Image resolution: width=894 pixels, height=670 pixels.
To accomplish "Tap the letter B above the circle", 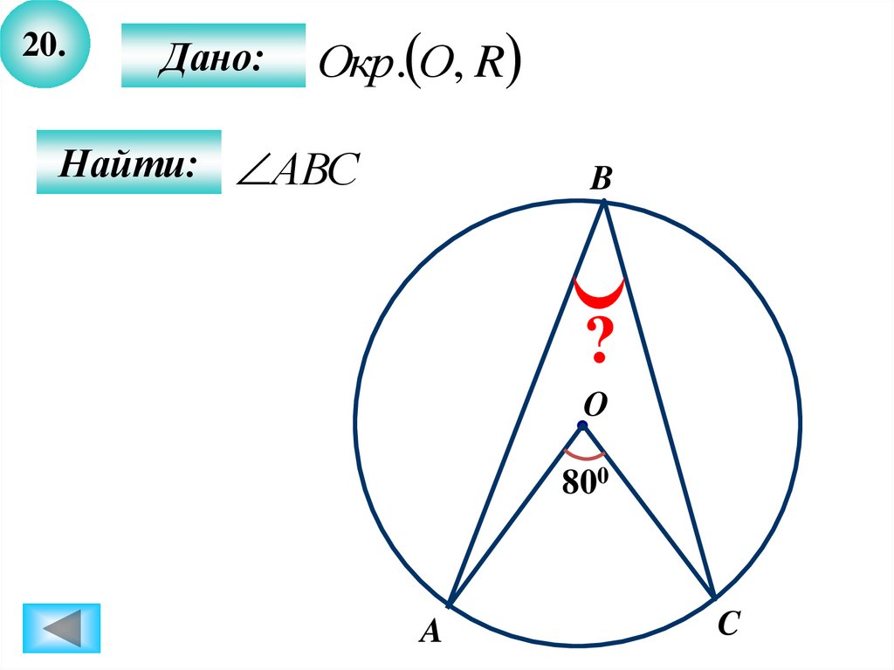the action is [601, 180].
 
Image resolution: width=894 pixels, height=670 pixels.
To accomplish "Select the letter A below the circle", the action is [429, 631].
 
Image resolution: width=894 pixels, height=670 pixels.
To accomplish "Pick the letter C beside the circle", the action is [730, 624].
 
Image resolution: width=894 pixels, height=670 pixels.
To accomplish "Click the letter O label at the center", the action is [595, 405].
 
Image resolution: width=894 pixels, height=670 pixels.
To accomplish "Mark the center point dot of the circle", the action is [581, 426].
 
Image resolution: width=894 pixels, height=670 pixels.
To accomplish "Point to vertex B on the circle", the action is [604, 202].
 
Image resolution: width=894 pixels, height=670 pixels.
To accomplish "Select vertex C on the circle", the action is [715, 597].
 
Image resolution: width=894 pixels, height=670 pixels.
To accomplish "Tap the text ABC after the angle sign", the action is [313, 169].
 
